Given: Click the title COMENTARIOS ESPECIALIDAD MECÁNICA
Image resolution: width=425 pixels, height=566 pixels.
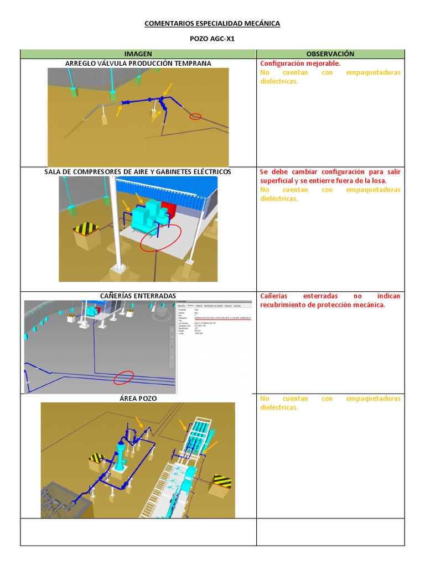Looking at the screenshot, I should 212,23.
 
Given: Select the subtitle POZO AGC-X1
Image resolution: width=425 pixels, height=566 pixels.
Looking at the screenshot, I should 212,39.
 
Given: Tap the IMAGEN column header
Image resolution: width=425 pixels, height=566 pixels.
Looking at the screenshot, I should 138,54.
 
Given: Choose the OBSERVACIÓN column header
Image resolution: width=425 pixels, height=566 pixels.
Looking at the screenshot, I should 330,54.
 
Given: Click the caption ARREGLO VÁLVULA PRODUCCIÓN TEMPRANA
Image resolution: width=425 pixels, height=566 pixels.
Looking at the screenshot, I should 138,64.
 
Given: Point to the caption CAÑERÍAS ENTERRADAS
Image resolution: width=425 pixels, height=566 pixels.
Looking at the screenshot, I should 138,296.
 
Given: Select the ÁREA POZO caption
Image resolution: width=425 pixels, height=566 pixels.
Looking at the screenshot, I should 138,398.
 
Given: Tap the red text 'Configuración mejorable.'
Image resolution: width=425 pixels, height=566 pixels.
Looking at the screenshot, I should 300,64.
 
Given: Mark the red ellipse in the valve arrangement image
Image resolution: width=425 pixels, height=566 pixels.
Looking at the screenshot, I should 195,117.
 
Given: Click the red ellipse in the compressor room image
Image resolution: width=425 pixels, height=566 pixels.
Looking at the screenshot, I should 160,238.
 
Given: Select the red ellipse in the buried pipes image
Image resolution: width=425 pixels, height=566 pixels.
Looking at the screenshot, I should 123,378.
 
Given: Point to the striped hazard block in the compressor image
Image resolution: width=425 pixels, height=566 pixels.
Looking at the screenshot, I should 86,228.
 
